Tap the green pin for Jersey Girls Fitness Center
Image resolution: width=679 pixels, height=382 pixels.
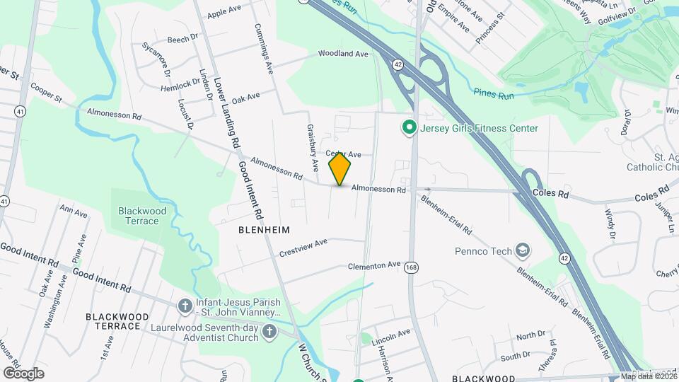tap(409, 128)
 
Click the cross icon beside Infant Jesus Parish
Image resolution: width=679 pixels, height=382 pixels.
tap(185, 306)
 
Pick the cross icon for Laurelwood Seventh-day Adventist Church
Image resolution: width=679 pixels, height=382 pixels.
tap(269, 330)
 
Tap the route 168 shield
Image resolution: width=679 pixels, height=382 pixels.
tap(410, 267)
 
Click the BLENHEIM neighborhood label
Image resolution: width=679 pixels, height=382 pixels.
tap(265, 231)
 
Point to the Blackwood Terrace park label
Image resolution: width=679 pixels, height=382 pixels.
tap(143, 216)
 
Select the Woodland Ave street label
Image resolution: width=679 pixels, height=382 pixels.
tap(343, 54)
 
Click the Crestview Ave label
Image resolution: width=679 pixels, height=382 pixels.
tap(303, 247)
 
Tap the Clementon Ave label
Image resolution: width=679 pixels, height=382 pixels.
tap(374, 266)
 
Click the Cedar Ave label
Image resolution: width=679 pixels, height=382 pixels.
tap(344, 154)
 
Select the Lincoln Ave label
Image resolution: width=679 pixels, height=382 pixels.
tap(391, 337)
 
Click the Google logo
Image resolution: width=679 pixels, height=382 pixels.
tap(23, 373)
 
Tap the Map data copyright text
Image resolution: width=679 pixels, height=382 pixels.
tap(647, 376)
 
